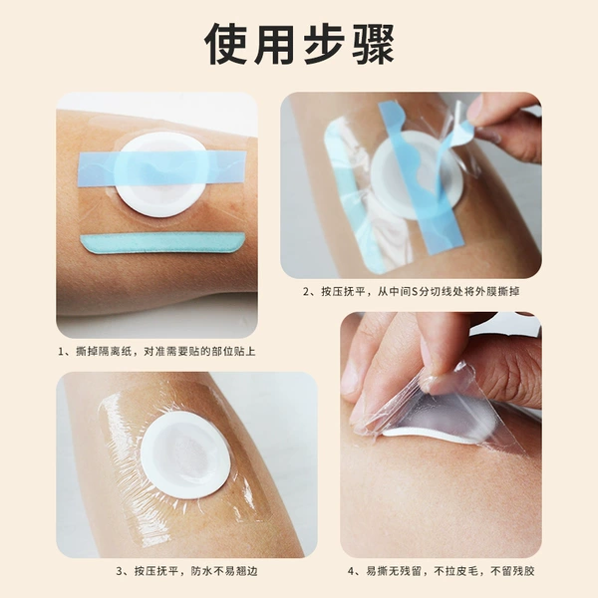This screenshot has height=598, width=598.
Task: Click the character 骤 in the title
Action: point(372,44)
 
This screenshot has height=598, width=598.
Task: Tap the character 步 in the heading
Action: point(324,44)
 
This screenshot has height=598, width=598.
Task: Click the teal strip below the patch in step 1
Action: point(162,242)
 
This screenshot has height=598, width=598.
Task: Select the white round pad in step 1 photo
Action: point(160,174)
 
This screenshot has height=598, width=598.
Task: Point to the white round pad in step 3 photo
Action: point(185,455)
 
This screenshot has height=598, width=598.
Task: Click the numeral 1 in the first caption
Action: point(61,351)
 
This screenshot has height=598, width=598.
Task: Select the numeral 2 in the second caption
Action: point(306,292)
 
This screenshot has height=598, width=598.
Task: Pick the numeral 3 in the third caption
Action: point(119,571)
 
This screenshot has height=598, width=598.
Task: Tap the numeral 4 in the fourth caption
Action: point(351,571)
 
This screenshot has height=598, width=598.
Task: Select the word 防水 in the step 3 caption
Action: point(201,571)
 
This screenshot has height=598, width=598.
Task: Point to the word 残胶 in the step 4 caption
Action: point(523,571)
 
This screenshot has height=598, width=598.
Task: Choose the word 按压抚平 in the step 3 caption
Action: point(156,571)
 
